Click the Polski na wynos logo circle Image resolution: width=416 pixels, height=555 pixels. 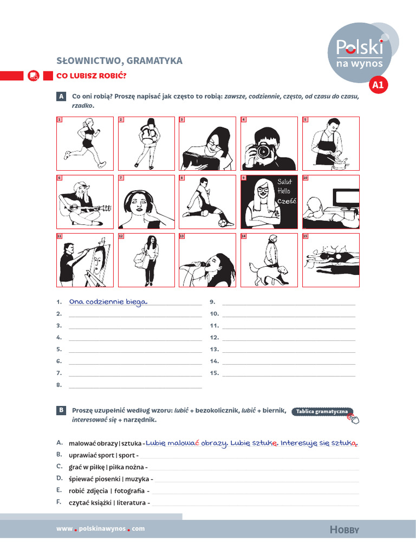pyautogui.click(x=359, y=52)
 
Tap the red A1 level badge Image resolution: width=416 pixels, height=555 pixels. pyautogui.click(x=378, y=85)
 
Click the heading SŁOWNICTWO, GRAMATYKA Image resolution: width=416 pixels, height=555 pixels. pyautogui.click(x=119, y=61)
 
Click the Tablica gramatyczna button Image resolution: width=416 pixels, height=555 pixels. pyautogui.click(x=322, y=412)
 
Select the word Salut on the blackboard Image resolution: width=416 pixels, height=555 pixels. pyautogui.click(x=284, y=183)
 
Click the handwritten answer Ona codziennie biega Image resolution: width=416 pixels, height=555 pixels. pyautogui.click(x=108, y=302)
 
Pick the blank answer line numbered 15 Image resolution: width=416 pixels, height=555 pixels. pyautogui.click(x=289, y=373)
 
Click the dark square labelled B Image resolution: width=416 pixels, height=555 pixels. pyautogui.click(x=62, y=411)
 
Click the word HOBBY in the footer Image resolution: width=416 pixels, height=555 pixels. pyautogui.click(x=344, y=530)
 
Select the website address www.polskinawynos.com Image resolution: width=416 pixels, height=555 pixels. pyautogui.click(x=101, y=529)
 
